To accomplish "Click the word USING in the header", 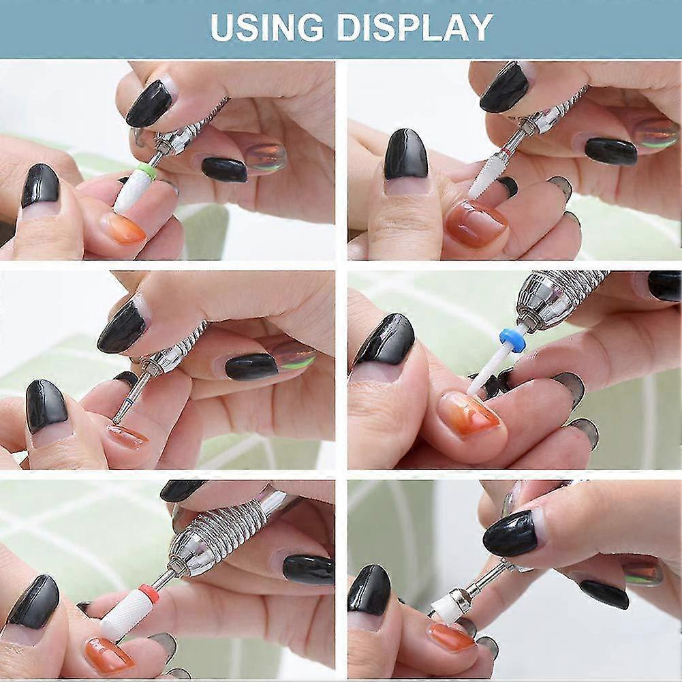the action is pos(266,28).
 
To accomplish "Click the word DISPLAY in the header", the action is pos(414,28).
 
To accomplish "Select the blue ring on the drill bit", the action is pos(512,340).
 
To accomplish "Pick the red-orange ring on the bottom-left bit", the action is pos(149,591).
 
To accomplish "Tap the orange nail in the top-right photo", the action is pos(476,222).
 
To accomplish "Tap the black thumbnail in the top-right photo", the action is pos(405,154).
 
